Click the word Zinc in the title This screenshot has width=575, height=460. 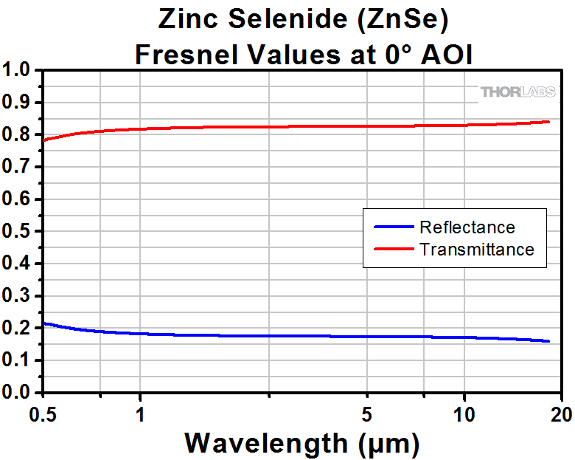coord(185,20)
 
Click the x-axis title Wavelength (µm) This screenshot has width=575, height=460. coord(302,442)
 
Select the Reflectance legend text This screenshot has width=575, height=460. coord(467,227)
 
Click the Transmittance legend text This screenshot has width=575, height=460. coord(476,249)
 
